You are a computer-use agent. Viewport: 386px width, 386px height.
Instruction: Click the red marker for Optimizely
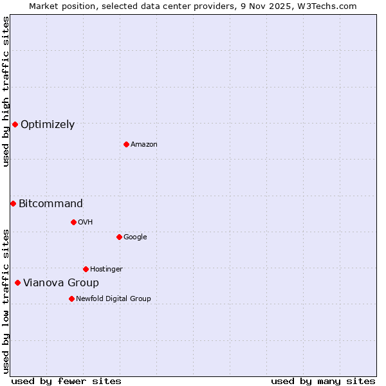pos(15,124)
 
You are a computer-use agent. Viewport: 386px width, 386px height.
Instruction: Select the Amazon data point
pos(126,144)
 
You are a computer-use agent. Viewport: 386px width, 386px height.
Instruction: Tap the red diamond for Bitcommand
pos(13,203)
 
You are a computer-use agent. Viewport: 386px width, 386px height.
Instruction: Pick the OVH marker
pos(73,222)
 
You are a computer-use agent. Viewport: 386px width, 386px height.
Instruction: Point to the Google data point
pos(119,237)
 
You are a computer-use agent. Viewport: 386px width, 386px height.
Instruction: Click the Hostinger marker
pos(86,269)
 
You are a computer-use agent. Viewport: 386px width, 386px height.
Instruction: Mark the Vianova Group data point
pos(17,282)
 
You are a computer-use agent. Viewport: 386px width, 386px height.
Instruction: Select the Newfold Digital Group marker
pos(71,299)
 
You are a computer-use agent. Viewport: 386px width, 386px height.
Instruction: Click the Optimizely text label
pos(48,125)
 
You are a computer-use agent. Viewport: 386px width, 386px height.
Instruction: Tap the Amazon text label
pos(144,145)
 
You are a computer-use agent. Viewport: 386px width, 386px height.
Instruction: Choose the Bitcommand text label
pos(51,204)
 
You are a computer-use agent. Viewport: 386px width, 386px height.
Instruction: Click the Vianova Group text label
pos(61,283)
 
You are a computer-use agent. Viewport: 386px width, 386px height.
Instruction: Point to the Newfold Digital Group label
pos(113,299)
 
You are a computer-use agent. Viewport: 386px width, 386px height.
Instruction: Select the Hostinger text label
pos(106,269)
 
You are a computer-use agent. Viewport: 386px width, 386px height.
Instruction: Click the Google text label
pos(135,237)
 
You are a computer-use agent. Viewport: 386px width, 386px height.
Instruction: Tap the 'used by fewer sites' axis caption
pos(66,381)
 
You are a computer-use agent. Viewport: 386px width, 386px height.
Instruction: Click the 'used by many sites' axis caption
pos(323,381)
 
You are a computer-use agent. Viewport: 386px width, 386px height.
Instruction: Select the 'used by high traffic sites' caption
pos(6,91)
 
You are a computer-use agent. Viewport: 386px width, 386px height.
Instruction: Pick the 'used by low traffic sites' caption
pos(6,301)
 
